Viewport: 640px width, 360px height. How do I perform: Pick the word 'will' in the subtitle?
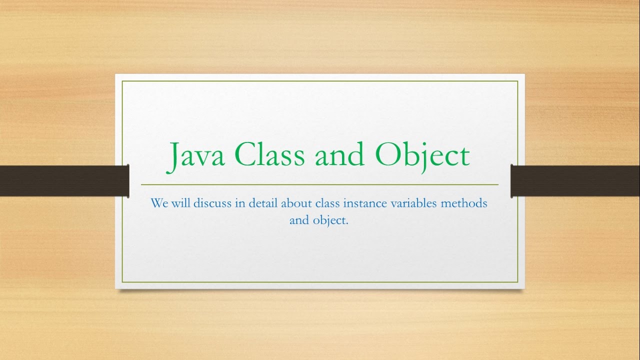coord(181,204)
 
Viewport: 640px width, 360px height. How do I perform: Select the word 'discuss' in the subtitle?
coord(211,204)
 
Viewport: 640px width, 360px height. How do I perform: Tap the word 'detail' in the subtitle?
coord(260,204)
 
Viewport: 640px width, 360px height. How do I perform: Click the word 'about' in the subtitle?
coord(296,204)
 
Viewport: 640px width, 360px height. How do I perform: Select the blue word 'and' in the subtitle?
coord(299,220)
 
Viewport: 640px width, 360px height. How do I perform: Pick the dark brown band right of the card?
coord(575,180)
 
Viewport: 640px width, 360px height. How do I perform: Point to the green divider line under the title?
coord(320,184)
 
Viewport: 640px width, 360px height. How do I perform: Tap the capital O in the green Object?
coord(386,155)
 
